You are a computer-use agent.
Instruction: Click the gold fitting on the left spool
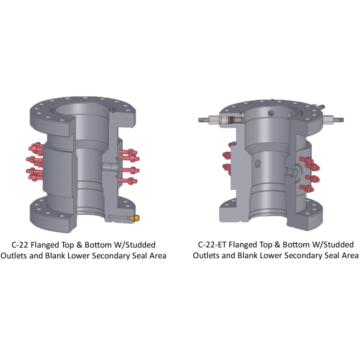(x=136, y=217)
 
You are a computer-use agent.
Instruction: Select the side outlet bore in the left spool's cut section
(x=109, y=167)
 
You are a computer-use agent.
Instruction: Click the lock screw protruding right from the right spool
(x=334, y=120)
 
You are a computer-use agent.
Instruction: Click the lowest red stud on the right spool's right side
(x=309, y=189)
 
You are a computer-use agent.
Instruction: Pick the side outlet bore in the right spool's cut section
(x=293, y=172)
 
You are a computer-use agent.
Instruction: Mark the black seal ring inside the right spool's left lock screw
(x=230, y=120)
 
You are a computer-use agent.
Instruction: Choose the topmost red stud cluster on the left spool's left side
(x=36, y=150)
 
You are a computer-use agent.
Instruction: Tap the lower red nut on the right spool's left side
(x=227, y=167)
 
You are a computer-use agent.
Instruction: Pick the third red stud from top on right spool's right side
(x=309, y=178)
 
